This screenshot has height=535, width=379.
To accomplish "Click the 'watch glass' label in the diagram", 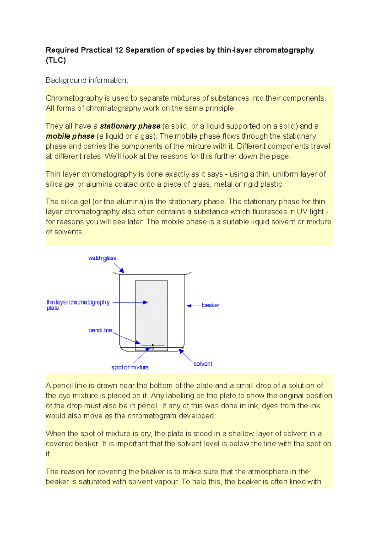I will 102,258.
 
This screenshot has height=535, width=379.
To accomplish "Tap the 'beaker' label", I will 210,305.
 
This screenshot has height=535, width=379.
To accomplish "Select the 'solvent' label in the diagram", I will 203,364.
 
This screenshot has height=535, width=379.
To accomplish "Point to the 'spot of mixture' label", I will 130,367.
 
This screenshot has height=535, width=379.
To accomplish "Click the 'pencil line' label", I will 100,330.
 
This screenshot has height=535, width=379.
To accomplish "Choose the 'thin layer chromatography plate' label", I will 77,304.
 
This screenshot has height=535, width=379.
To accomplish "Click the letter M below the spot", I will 152,348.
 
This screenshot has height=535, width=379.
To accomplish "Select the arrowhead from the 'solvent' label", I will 181,351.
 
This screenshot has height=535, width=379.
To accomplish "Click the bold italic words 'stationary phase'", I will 130,126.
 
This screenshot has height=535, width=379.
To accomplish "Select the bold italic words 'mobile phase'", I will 70,136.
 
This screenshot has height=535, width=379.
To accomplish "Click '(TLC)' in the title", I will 56,60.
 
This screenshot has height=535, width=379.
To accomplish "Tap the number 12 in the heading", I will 119,50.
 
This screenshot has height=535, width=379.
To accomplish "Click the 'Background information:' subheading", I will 87,80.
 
